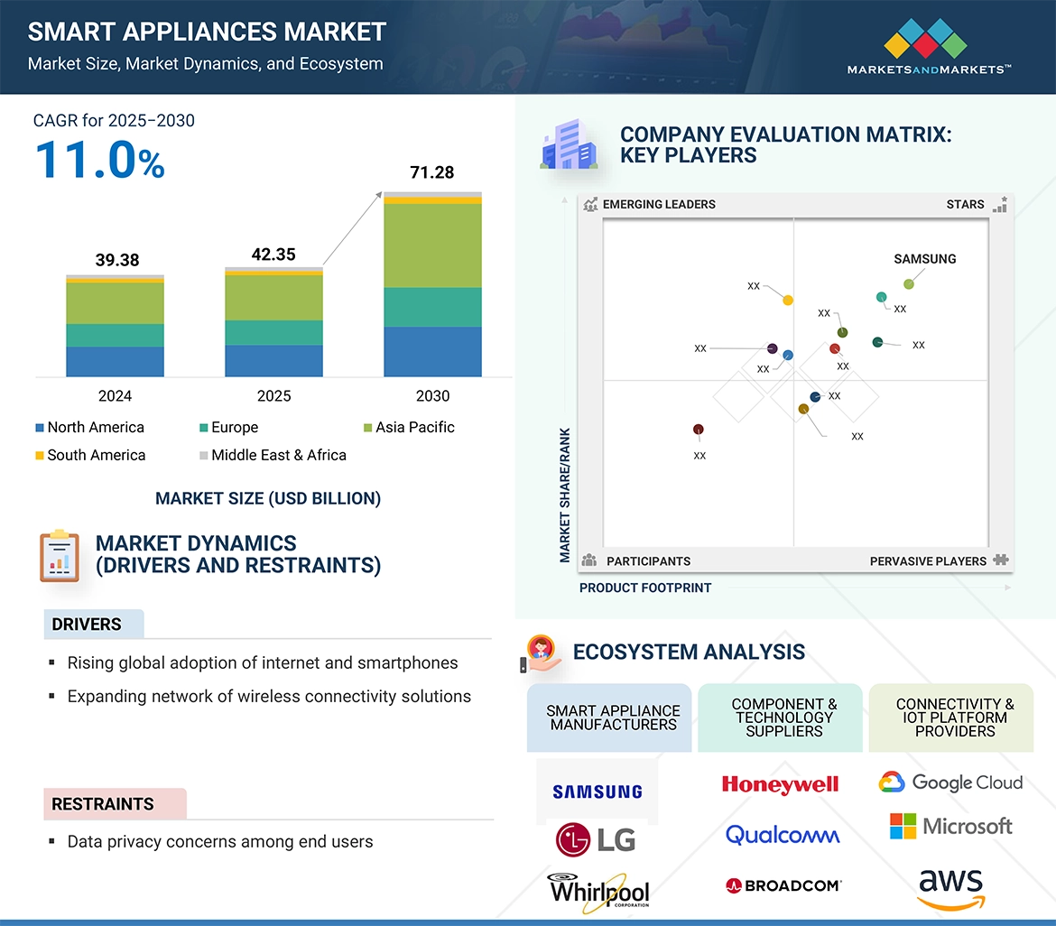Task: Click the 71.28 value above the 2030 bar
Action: (x=431, y=172)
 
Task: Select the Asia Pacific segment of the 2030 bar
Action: (x=432, y=245)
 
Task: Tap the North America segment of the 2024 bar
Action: (x=115, y=361)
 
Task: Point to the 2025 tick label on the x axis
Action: (x=273, y=396)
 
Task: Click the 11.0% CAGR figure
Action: (x=99, y=160)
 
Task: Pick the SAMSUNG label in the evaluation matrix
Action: (x=924, y=259)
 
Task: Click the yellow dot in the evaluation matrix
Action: (x=788, y=301)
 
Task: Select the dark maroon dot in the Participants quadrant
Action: (x=698, y=430)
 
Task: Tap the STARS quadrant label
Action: (x=965, y=205)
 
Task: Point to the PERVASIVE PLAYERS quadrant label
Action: (x=928, y=561)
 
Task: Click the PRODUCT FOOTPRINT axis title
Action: (x=645, y=588)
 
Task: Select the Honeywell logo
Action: (x=780, y=784)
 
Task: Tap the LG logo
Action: (x=596, y=839)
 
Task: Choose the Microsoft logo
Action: (x=951, y=826)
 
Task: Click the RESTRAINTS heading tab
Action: (x=103, y=804)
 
